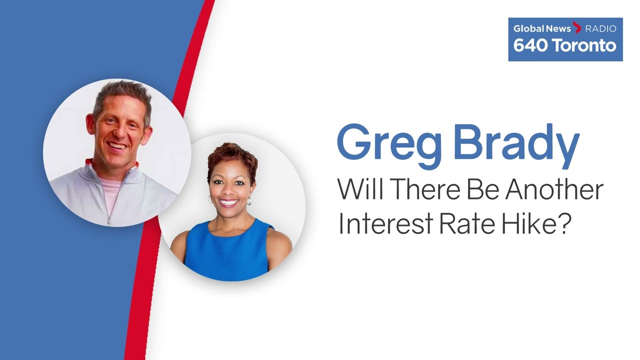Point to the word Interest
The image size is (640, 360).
384,223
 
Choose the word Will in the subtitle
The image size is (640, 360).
360,189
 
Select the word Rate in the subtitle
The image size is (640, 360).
466,223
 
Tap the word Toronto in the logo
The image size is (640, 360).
584,45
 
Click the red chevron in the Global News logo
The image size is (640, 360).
577,27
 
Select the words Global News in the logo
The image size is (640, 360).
541,28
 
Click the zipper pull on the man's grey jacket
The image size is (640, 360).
109,220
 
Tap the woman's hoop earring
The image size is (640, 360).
249,201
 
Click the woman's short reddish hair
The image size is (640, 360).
232,160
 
